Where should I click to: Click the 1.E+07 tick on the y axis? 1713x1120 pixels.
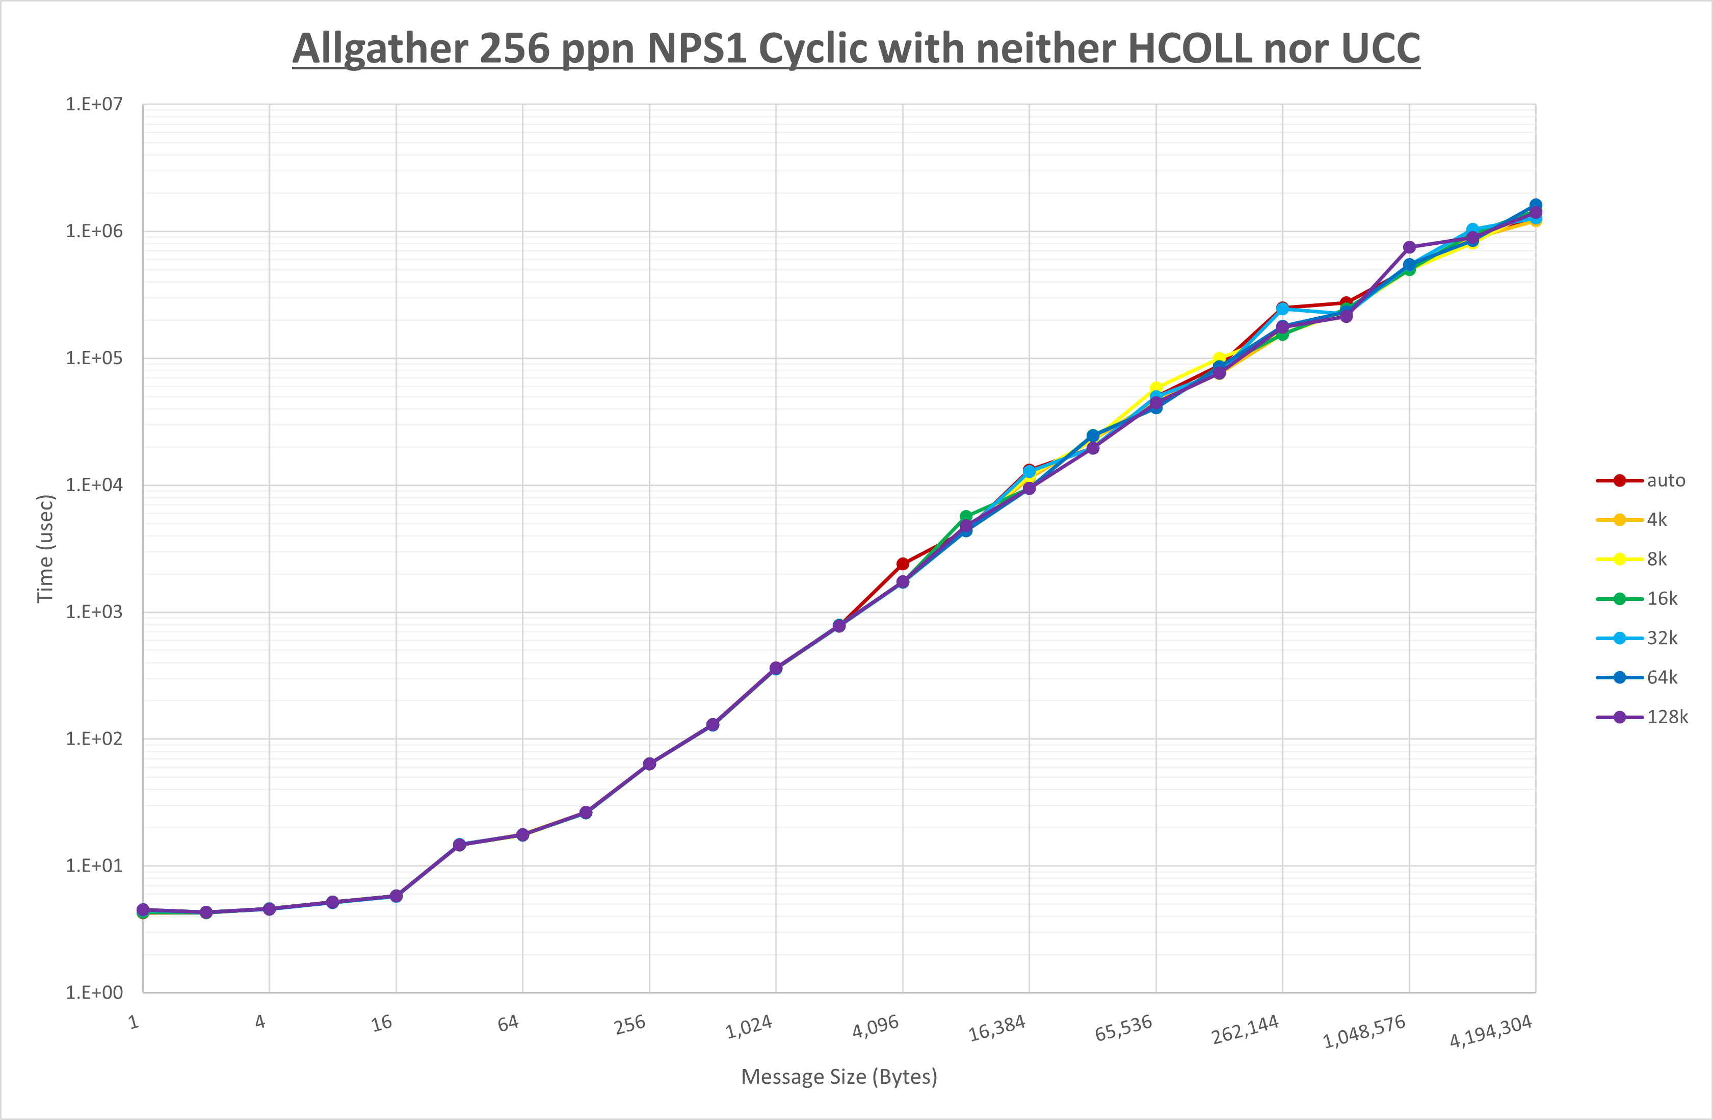point(94,105)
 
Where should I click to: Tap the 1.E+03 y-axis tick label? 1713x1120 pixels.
point(94,612)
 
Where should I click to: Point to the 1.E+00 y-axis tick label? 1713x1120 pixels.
point(94,992)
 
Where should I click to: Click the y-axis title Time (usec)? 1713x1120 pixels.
point(45,548)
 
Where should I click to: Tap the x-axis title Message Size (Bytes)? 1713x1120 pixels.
point(839,1077)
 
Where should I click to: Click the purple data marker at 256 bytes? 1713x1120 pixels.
point(649,763)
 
